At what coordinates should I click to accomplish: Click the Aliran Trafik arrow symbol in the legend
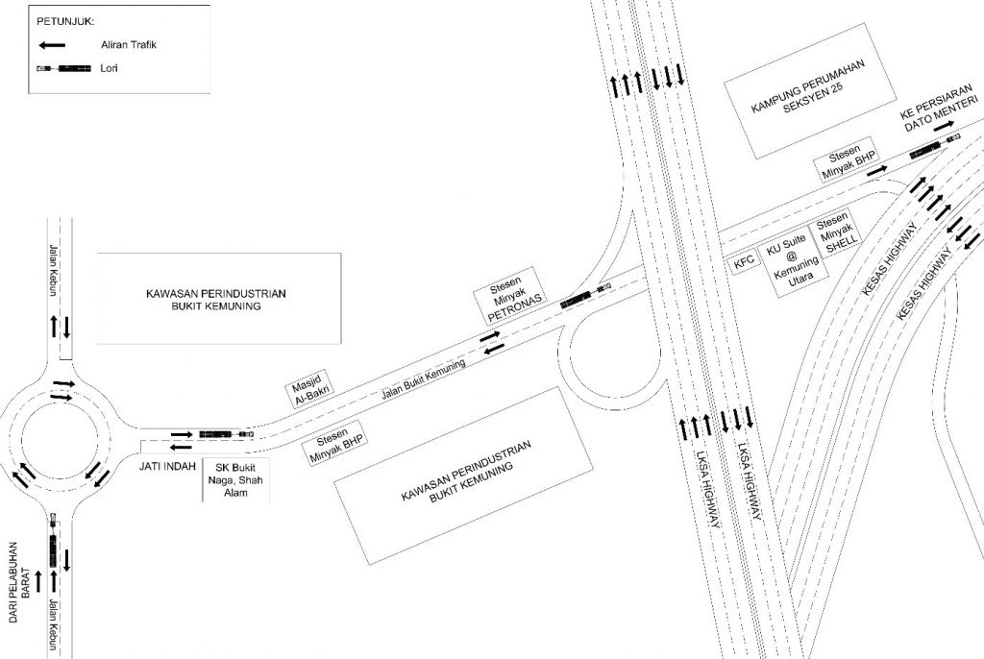click(x=52, y=45)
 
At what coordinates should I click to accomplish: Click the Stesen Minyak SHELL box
click(x=835, y=233)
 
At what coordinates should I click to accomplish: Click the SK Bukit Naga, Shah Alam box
click(x=235, y=478)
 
